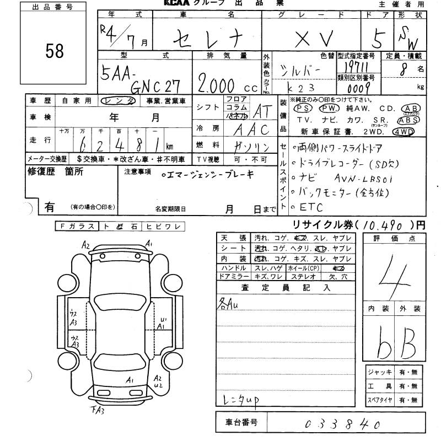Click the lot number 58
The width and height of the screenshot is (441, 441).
55,51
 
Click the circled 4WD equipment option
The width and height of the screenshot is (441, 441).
404,131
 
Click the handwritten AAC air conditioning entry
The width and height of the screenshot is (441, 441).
251,130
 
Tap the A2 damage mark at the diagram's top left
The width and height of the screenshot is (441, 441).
85,244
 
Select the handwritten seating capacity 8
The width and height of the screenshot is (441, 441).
405,69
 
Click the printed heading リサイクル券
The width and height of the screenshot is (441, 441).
323,225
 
